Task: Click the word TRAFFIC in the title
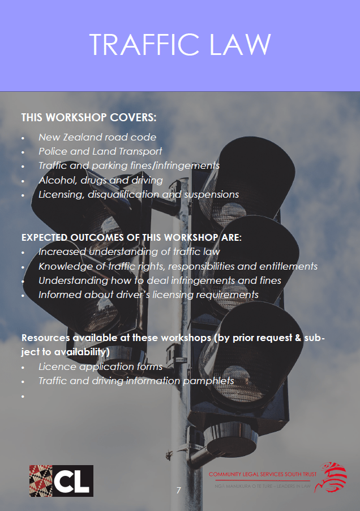click(144, 44)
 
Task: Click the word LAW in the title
click(240, 44)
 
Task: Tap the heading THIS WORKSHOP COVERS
click(89, 117)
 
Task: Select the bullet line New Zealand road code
click(97, 137)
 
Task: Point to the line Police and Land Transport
click(100, 151)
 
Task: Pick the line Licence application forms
click(101, 367)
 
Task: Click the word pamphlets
click(208, 381)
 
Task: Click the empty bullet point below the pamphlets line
click(23, 397)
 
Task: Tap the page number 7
click(178, 490)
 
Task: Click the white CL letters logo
click(72, 482)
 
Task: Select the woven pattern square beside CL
click(41, 481)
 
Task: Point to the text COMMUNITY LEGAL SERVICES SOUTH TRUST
click(262, 474)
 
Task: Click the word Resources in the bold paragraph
click(46, 338)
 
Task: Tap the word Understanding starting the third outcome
click(73, 281)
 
